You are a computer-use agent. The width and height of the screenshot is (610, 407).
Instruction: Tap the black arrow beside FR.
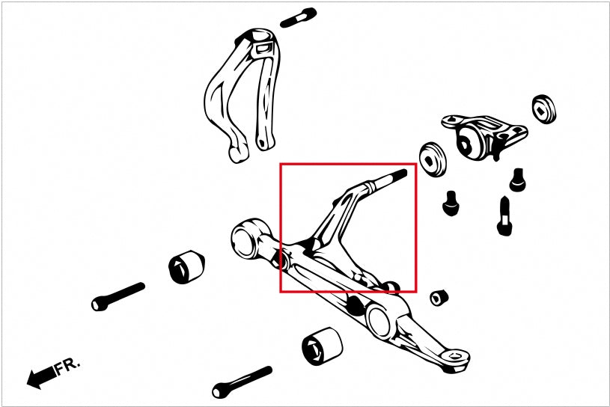coord(41,377)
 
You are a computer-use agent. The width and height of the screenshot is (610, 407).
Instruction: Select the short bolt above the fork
coord(299,18)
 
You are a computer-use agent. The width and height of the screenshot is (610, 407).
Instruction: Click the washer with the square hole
coord(544,108)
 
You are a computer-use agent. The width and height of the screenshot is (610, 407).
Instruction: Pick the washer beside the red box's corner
coord(433,159)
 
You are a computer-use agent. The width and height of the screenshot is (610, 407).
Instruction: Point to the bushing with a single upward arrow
coord(186,266)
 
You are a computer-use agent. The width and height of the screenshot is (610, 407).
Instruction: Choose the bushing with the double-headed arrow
coord(322,346)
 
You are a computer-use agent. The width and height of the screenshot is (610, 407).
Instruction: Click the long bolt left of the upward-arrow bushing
coord(118,296)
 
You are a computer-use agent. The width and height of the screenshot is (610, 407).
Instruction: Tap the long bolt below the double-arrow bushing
coord(242,382)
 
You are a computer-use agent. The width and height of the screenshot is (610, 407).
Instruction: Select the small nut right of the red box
coord(439,297)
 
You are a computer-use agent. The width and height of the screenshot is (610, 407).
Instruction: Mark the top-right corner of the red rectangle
coord(416,164)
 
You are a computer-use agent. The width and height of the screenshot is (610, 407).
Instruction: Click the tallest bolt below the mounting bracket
coord(504,217)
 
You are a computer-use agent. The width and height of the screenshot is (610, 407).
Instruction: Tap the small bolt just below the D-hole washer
coord(451,203)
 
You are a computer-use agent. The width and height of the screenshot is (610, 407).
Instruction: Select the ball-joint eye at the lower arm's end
coord(454,355)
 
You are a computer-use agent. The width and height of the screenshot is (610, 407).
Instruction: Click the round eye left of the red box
coord(245,238)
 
